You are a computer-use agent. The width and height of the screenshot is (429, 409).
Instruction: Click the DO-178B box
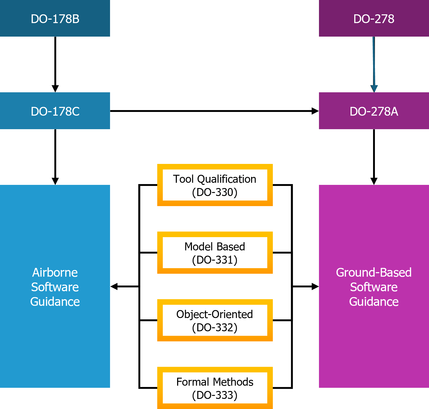(55, 18)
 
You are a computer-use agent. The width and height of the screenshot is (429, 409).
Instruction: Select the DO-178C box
(55, 111)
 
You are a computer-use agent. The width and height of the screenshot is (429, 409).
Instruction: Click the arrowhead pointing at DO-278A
(374, 89)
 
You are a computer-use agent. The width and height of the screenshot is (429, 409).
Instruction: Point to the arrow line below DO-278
(374, 61)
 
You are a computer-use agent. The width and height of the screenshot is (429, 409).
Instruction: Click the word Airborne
(55, 272)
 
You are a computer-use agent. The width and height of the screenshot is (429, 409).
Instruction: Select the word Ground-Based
(374, 272)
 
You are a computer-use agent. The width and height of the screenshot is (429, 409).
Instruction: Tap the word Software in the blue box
(55, 287)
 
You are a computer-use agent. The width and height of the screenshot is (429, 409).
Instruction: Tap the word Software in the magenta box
(374, 287)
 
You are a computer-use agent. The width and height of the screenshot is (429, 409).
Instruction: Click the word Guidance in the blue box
(55, 302)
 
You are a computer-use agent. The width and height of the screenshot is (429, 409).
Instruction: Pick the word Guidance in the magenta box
(374, 302)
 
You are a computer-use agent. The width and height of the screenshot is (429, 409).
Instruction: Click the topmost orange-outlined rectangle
(215, 167)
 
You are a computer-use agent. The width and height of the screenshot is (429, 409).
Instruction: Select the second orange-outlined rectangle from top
(215, 234)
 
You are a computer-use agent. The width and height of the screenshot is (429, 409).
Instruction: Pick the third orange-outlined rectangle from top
(215, 302)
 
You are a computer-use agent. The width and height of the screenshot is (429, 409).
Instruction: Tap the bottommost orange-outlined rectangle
(215, 369)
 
